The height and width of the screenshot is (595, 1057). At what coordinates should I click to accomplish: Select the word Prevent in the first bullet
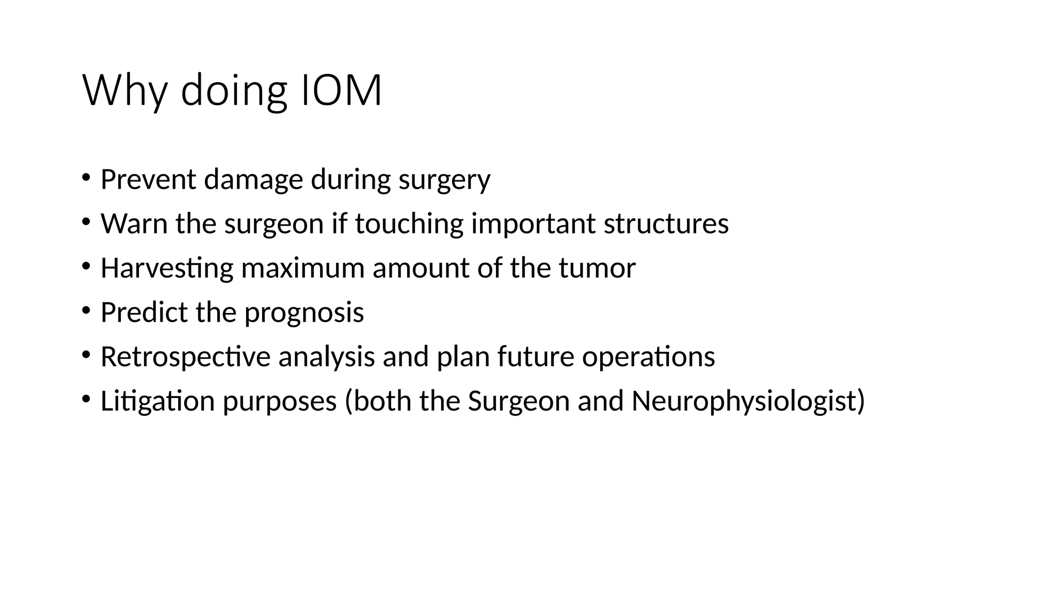(x=148, y=179)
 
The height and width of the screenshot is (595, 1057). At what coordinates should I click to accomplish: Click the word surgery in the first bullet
(x=444, y=180)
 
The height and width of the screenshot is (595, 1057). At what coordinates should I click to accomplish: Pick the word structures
(x=666, y=224)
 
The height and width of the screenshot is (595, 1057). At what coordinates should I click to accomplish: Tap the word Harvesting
(x=167, y=269)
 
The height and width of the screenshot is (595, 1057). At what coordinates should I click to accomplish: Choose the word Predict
(x=144, y=312)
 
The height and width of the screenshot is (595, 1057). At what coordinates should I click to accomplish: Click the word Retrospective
(x=185, y=357)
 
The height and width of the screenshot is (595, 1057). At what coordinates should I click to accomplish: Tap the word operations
(x=648, y=357)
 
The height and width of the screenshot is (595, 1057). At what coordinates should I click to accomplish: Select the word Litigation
(x=157, y=401)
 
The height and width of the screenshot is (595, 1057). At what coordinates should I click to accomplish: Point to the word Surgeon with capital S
(x=518, y=401)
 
